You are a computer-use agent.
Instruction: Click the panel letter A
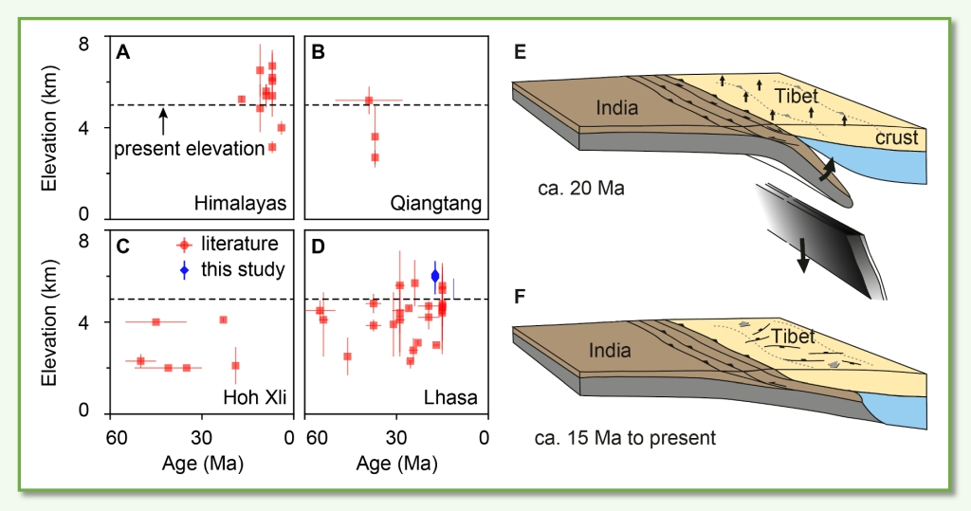pos(122,53)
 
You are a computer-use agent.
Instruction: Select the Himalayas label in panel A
pos(241,203)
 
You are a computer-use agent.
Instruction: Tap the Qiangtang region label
pos(436,203)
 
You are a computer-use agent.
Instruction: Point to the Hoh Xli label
pos(253,395)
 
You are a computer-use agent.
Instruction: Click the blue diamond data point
pos(435,276)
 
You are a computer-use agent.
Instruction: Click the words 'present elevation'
pos(189,149)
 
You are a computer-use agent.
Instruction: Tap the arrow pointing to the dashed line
pos(163,119)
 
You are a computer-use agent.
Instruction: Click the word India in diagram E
pos(616,108)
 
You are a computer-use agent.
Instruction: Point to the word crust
pos(897,138)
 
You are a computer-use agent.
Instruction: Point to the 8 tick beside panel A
pos(96,44)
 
